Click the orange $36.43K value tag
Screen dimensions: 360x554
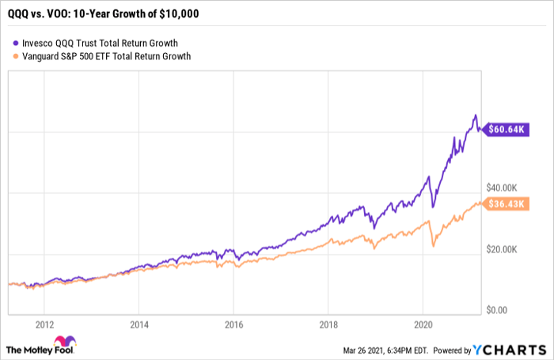coord(506,205)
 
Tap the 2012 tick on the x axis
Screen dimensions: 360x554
coord(44,324)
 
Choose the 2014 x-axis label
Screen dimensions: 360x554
coord(138,324)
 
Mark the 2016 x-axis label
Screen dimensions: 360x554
coord(233,324)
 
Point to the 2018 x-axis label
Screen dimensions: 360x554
coord(328,324)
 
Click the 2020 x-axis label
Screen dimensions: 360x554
coord(423,324)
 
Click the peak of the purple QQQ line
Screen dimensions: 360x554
coord(475,115)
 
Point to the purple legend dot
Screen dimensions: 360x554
coord(17,42)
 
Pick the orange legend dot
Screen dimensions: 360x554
coord(17,56)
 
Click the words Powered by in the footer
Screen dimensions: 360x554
coord(451,349)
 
